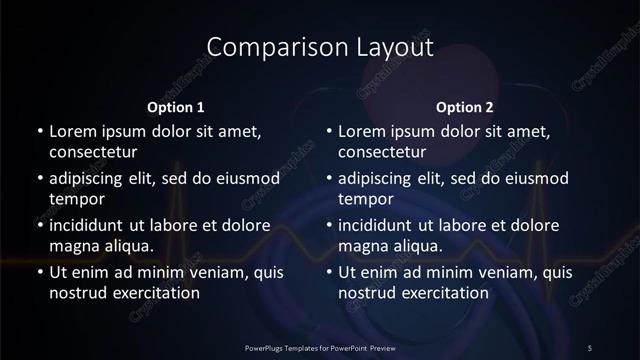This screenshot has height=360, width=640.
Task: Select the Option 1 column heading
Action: point(176,107)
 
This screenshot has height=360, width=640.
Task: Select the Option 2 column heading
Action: point(465,107)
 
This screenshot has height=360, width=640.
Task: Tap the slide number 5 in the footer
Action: point(589,347)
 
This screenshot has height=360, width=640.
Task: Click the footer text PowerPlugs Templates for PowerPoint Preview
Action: point(319,347)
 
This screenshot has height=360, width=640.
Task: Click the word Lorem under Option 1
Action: point(73,131)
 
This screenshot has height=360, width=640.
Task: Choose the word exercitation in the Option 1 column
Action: point(156,293)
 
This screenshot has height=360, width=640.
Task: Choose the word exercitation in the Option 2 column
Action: point(445,293)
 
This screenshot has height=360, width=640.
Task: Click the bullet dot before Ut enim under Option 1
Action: point(40,272)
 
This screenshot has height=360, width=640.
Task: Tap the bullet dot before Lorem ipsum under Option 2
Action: point(329,132)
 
